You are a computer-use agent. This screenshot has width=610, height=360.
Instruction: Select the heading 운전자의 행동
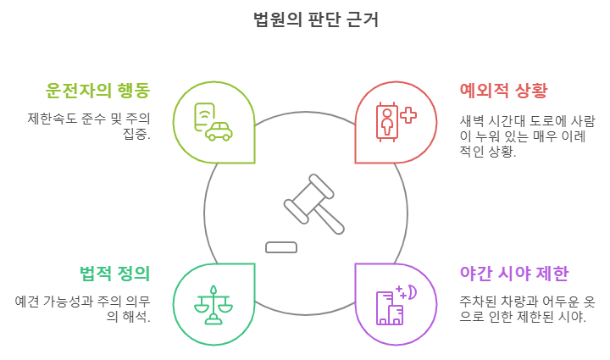(98, 90)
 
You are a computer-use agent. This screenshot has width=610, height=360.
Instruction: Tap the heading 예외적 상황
(503, 90)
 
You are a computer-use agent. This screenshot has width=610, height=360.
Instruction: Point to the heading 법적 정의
(114, 273)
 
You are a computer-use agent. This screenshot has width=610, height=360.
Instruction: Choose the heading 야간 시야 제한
(513, 273)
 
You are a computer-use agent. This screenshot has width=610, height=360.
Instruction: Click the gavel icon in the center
(313, 203)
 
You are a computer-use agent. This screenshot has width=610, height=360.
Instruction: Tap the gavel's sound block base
(281, 247)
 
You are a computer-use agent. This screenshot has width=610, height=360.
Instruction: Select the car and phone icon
(213, 122)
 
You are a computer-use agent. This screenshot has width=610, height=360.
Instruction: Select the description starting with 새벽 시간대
(527, 136)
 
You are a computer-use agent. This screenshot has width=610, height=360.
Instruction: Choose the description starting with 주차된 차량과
(527, 308)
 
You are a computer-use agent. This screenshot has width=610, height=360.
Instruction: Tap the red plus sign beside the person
(408, 115)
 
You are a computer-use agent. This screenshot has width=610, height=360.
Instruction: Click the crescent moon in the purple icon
(412, 291)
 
